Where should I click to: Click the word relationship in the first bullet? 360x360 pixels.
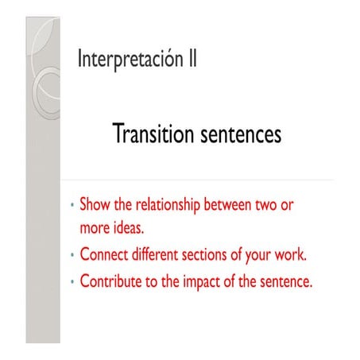[166, 205]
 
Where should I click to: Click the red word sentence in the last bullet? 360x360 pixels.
[282, 281]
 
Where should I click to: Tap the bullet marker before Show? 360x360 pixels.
[73, 205]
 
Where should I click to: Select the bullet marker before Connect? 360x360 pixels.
[73, 256]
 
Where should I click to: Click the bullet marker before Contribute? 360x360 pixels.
[73, 281]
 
